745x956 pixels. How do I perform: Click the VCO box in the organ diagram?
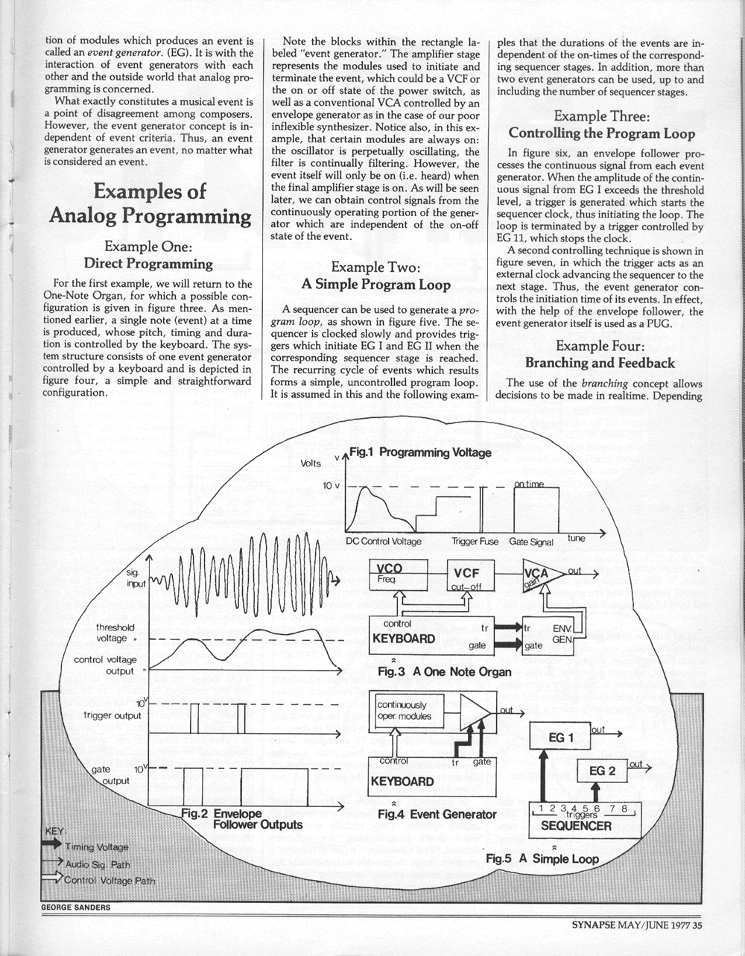tap(399, 574)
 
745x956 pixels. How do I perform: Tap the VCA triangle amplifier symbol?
tap(541, 573)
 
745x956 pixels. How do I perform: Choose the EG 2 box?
tap(602, 770)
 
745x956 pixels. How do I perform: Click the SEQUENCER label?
tap(576, 826)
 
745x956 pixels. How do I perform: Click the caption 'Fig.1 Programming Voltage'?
tap(420, 452)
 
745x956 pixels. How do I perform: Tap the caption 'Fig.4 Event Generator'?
tap(437, 814)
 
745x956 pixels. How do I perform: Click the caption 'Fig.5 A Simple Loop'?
tap(542, 858)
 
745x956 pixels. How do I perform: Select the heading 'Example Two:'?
tap(375, 267)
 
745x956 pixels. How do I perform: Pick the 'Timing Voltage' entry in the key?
tap(96, 847)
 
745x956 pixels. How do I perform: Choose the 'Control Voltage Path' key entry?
tap(110, 880)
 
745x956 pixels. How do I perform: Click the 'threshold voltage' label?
tap(115, 633)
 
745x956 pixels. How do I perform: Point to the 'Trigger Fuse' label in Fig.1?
tap(475, 542)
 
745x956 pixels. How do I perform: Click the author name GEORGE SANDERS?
tap(74, 907)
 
